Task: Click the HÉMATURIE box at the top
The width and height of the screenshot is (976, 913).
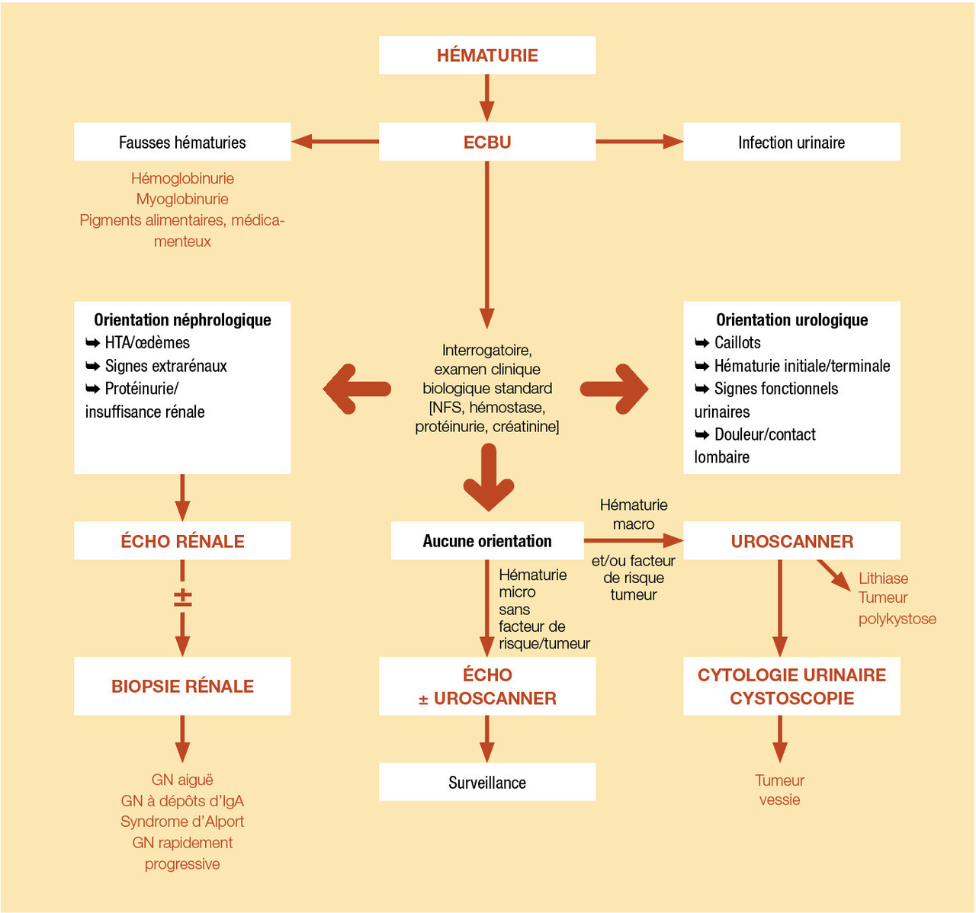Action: point(487,55)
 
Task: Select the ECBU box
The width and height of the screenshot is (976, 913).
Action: point(487,142)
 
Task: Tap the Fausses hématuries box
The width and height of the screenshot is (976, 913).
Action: point(182,142)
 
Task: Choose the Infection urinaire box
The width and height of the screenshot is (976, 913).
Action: point(791,142)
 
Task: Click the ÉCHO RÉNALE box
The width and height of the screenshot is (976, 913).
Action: point(182,541)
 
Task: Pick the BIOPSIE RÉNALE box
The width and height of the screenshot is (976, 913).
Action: point(182,686)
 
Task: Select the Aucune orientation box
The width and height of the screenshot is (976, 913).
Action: point(487,541)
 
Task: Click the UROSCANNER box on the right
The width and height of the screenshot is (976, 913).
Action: point(791,541)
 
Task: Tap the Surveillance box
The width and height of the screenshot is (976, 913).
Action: point(487,783)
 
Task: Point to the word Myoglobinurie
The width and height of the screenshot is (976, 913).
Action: point(182,199)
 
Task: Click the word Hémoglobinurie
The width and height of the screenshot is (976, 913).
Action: point(182,178)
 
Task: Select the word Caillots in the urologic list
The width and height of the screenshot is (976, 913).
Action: point(737,343)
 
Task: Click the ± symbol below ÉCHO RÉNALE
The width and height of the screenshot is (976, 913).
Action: point(182,597)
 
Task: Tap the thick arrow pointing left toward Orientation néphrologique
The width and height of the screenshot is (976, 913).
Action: point(357,389)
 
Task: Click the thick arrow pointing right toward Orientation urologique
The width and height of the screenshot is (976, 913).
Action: point(615,389)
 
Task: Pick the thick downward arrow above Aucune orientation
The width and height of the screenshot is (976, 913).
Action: point(489,479)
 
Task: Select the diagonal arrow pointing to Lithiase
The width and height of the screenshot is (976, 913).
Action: point(833,575)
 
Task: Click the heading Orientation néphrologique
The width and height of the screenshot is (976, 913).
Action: point(182,320)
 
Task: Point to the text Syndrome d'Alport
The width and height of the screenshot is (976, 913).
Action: point(182,822)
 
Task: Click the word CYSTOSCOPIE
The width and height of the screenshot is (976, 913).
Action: point(791,698)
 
